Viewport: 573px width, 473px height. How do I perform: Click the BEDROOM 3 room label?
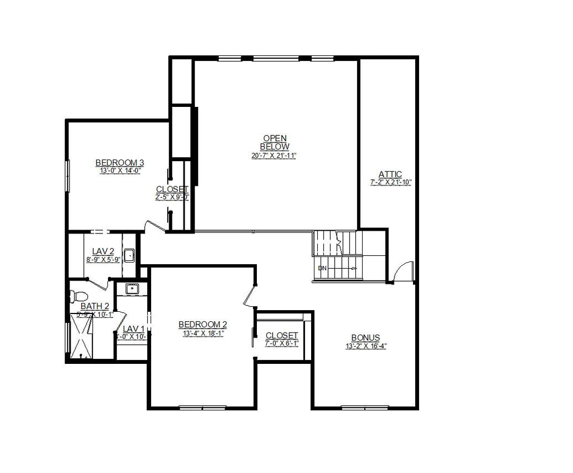pyautogui.click(x=119, y=163)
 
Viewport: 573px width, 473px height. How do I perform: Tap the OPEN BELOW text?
pyautogui.click(x=275, y=142)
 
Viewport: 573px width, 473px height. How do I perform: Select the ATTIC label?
pyautogui.click(x=390, y=175)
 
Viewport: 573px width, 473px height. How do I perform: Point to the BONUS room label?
pyautogui.click(x=365, y=338)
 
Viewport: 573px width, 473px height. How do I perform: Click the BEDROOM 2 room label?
pyautogui.click(x=203, y=325)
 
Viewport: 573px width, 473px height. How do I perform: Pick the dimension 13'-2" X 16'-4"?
pyautogui.click(x=366, y=346)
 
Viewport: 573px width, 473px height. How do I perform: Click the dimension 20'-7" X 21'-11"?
pyautogui.click(x=274, y=156)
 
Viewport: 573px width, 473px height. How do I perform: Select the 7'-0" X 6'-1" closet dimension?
pyautogui.click(x=281, y=343)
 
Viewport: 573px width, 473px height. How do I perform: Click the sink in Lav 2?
pyautogui.click(x=129, y=255)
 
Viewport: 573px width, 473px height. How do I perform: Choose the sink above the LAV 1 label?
pyautogui.click(x=132, y=289)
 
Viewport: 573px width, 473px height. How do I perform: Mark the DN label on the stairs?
pyautogui.click(x=322, y=268)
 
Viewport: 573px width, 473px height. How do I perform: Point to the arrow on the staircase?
pyautogui.click(x=353, y=268)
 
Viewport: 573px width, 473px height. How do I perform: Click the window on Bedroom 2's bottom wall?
pyautogui.click(x=202, y=407)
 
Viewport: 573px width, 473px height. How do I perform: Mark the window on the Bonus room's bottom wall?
pyautogui.click(x=365, y=407)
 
